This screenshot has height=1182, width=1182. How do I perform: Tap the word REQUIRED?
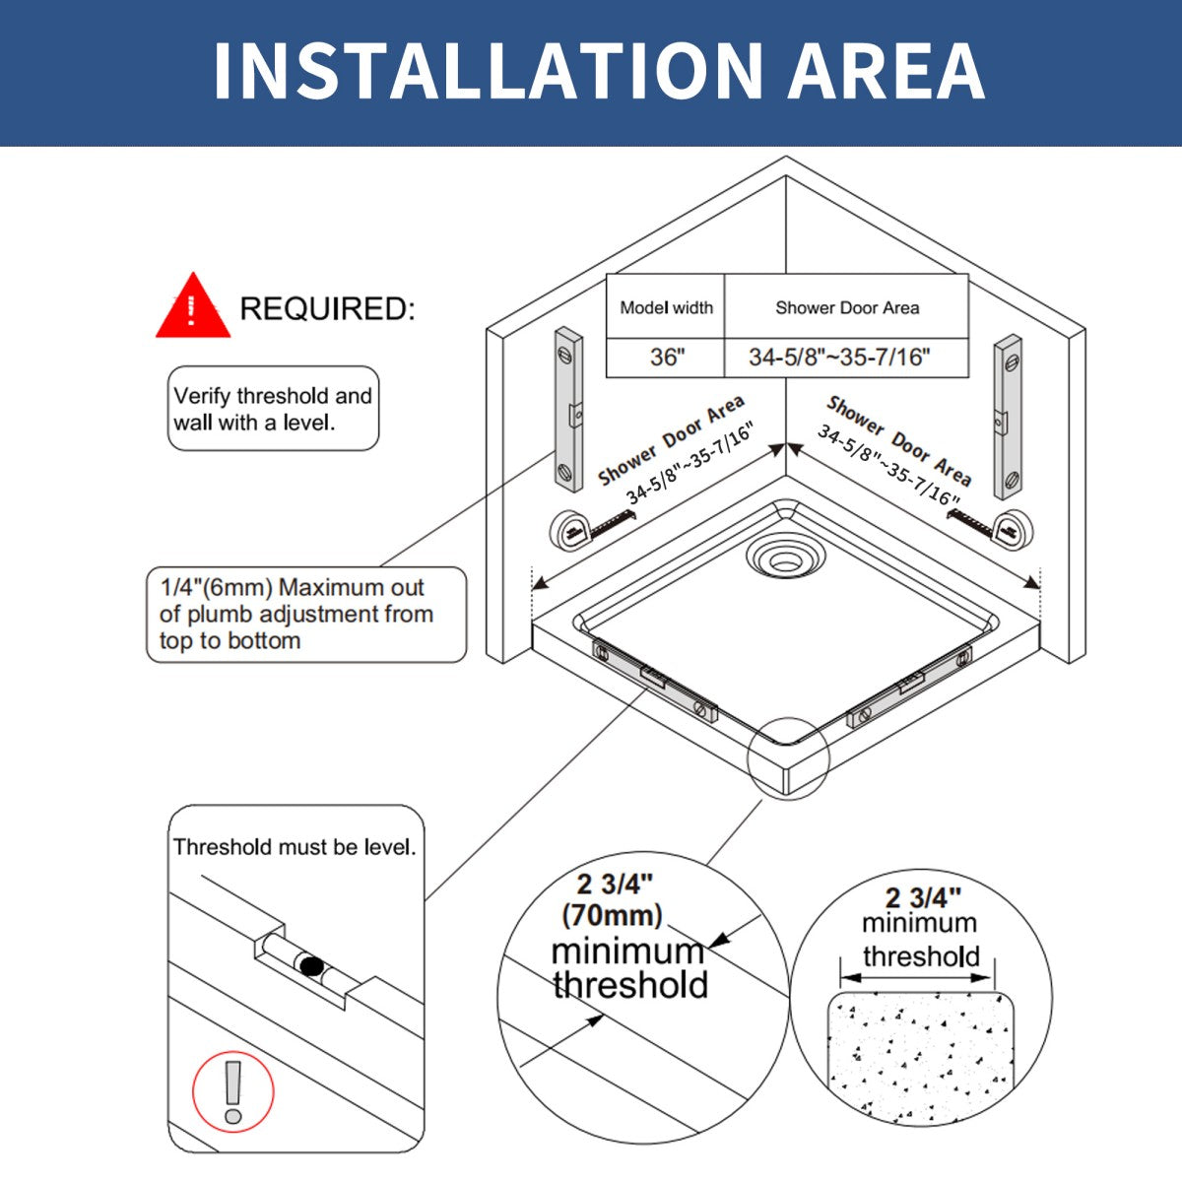pyautogui.click(x=328, y=308)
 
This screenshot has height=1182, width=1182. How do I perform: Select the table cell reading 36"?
pyautogui.click(x=667, y=357)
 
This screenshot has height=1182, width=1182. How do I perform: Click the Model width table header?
pyautogui.click(x=666, y=307)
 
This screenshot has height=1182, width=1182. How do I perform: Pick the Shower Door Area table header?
pyautogui.click(x=847, y=307)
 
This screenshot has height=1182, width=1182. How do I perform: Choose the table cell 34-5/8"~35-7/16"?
pyautogui.click(x=839, y=357)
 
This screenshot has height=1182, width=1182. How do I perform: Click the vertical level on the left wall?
pyautogui.click(x=568, y=410)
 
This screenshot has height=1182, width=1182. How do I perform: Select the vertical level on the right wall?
pyautogui.click(x=1008, y=417)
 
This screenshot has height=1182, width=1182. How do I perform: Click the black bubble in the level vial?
pyautogui.click(x=311, y=966)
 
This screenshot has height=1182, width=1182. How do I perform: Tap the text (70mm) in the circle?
pyautogui.click(x=612, y=916)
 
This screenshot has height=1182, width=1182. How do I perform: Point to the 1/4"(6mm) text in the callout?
pyautogui.click(x=216, y=587)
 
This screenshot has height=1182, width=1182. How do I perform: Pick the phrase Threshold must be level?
pyautogui.click(x=295, y=847)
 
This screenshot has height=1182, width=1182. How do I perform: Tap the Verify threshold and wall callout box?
pyautogui.click(x=274, y=408)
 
